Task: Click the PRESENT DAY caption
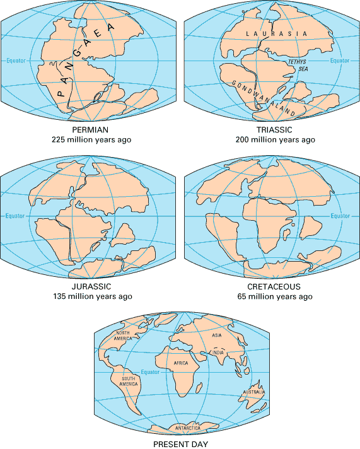[x=180, y=443]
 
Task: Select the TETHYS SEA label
[x=296, y=66]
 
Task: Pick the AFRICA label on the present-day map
[x=182, y=363]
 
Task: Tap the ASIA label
[x=218, y=336]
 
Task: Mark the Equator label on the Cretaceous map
[x=340, y=216]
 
